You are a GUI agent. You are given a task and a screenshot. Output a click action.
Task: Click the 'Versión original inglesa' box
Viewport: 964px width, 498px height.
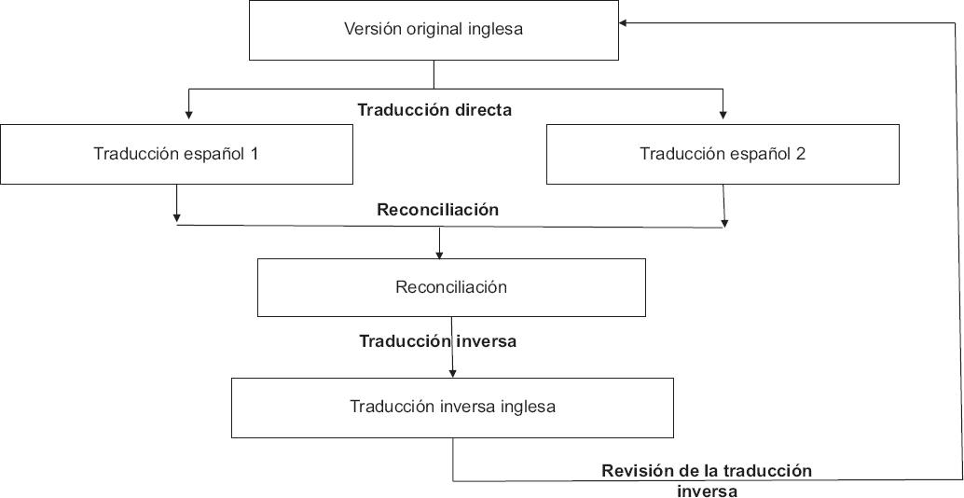coord(434,29)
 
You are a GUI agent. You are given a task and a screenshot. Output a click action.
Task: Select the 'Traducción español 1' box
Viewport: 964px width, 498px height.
coord(176,154)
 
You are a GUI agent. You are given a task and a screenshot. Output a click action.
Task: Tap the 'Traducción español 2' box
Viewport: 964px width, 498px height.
coord(723,154)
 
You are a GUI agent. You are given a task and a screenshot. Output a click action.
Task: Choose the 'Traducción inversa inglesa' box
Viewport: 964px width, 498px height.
coord(452,407)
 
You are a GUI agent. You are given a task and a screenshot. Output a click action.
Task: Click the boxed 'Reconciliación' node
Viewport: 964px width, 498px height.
coord(451,287)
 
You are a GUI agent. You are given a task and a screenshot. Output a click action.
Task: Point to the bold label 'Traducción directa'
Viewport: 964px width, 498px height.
coord(434,109)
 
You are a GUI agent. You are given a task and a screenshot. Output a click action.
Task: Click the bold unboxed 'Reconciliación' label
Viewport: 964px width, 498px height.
coord(437,210)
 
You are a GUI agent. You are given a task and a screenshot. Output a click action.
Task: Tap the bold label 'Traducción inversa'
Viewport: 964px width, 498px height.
coord(437,341)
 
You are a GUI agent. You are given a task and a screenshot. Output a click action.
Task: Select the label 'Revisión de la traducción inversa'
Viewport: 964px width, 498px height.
coord(707,480)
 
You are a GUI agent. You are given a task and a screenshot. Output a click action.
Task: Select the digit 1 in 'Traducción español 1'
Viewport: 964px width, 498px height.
coord(254,154)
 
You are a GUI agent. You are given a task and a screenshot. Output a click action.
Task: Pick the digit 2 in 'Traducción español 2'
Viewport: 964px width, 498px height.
coord(801,154)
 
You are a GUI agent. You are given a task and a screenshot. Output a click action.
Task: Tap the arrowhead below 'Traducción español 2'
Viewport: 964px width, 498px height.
coord(724,222)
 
